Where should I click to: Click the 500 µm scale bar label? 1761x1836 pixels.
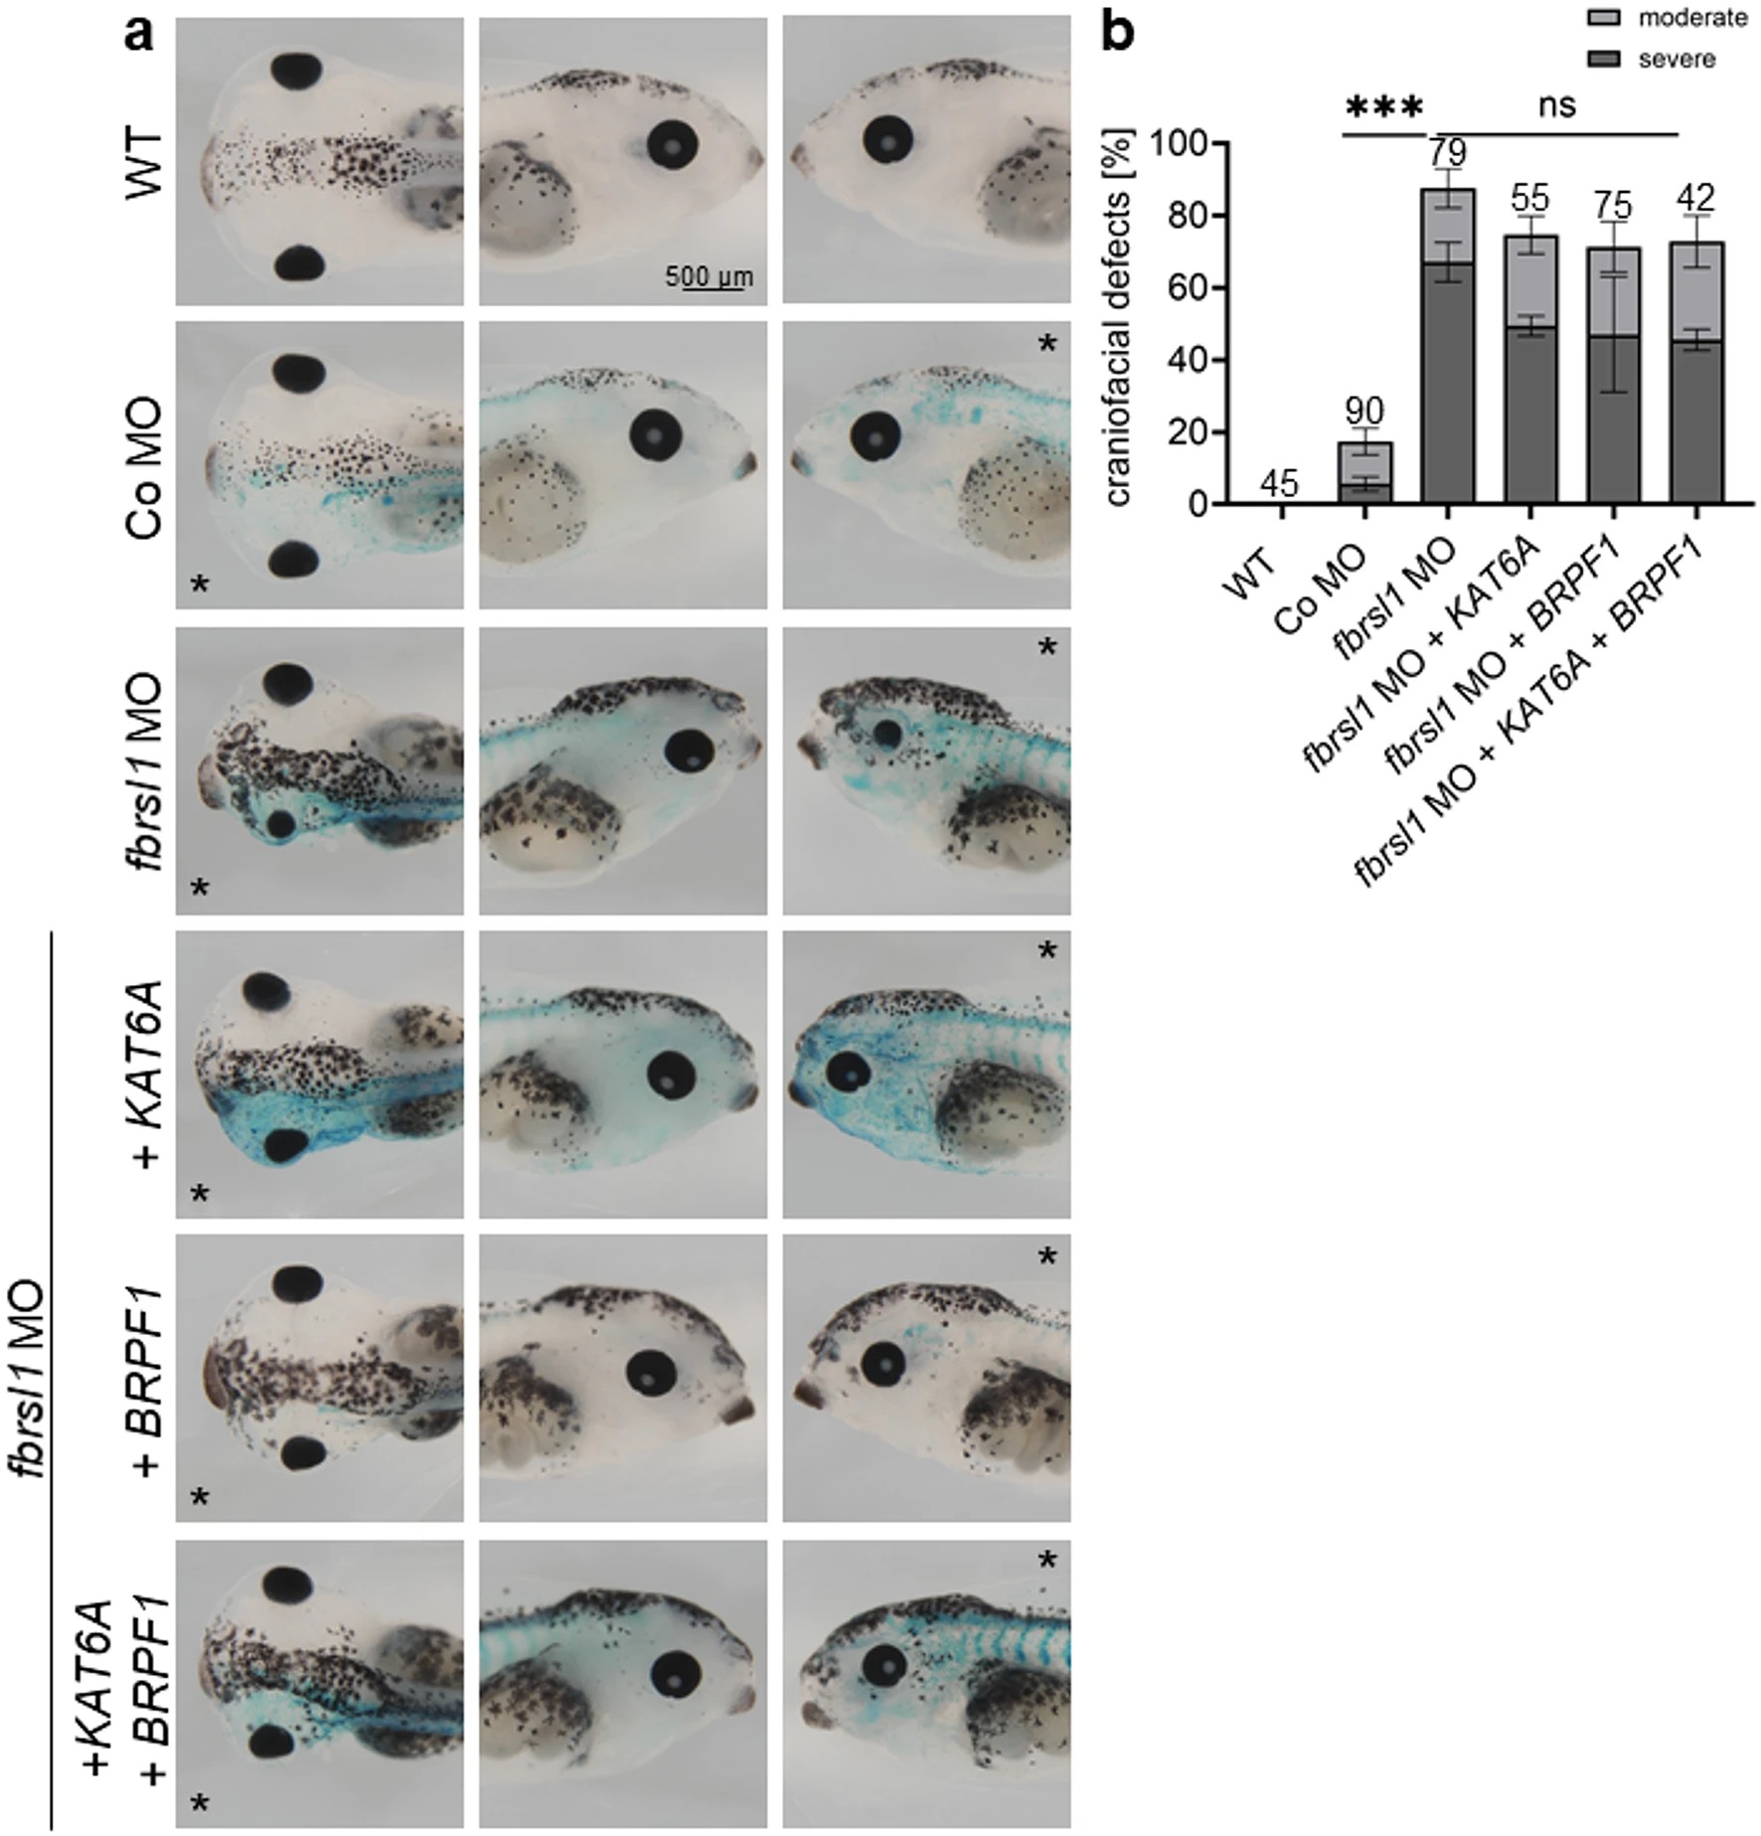(709, 275)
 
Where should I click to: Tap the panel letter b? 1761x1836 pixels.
(1120, 33)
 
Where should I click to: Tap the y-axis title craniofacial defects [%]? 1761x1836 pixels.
(1120, 317)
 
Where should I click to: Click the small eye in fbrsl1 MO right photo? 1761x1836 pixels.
(887, 735)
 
